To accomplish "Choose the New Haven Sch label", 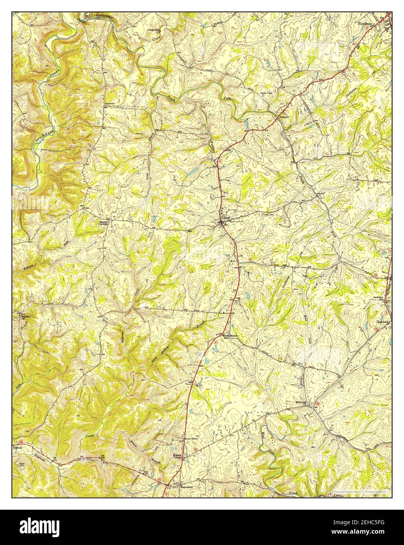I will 231,336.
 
